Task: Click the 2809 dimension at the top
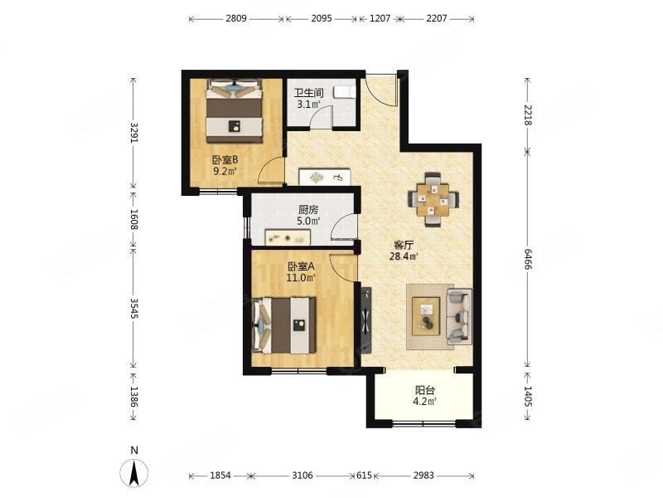pos(236,18)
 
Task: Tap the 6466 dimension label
pos(528,259)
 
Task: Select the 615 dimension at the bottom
pos(364,476)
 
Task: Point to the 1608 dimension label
pos(133,219)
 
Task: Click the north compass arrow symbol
pos(134,472)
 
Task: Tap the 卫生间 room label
pos(309,93)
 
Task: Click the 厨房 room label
pos(308,210)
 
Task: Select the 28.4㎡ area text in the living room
pos(404,256)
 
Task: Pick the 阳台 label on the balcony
pos(424,390)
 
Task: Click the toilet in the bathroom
pos(344,92)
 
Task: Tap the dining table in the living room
pos(433,199)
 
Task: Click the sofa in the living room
pos(460,316)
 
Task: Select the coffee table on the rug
pos(426,316)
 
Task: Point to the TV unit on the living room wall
pos(366,320)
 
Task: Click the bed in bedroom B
pos(234,111)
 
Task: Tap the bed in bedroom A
pos(284,325)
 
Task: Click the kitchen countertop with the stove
pos(288,237)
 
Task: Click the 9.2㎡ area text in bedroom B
pos(225,172)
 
